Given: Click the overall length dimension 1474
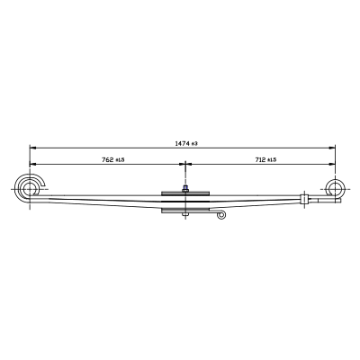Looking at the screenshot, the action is (x=182, y=144).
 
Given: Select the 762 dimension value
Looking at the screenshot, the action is (x=108, y=160).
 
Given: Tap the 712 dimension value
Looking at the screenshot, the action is (x=261, y=160).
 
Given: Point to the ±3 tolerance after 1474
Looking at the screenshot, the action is (x=194, y=144).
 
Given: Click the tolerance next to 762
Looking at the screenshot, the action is (x=120, y=160).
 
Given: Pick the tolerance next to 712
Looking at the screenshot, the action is (x=272, y=160).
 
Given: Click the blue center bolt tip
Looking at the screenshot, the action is (x=185, y=187).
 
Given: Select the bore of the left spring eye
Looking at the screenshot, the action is (x=30, y=189).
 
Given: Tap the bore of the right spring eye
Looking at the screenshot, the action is (x=335, y=189).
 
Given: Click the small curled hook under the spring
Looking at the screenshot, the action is (x=221, y=215).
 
